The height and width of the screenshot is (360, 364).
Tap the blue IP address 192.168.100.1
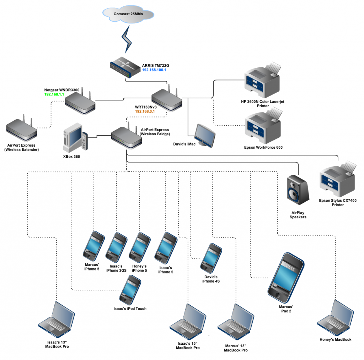[154, 70]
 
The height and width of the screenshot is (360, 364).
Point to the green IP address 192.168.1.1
[54, 95]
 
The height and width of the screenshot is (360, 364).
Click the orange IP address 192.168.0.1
[145, 111]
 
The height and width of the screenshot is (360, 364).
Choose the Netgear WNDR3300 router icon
[80, 103]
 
